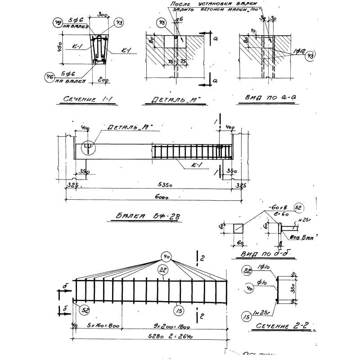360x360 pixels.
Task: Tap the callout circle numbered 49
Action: pyautogui.click(x=58, y=23)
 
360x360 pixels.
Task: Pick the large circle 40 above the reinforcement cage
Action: pyautogui.click(x=167, y=257)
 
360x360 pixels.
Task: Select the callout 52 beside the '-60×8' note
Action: pyautogui.click(x=297, y=207)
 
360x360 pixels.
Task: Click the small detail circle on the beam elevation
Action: pyautogui.click(x=88, y=147)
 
